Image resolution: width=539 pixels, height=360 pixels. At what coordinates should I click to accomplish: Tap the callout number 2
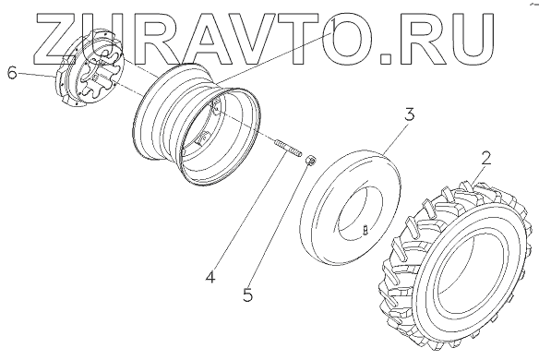tap(485, 159)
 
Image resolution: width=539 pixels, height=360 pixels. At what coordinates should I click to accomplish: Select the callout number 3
tap(409, 114)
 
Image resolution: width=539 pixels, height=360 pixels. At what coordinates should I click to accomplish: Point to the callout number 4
tap(210, 276)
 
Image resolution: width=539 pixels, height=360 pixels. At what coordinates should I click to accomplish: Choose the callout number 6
tap(12, 73)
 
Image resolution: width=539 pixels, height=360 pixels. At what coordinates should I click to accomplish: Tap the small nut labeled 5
tap(311, 161)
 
